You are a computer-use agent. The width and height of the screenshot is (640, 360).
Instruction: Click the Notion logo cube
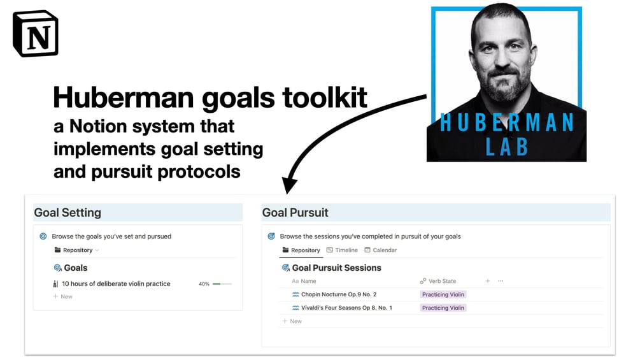[x=36, y=34]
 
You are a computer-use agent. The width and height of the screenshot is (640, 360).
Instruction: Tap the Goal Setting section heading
[x=68, y=213]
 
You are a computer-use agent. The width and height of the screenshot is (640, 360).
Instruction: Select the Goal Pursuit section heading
[x=295, y=213]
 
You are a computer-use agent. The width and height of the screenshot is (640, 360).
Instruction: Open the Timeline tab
[x=342, y=250]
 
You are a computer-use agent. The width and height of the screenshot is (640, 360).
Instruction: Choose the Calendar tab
[x=380, y=250]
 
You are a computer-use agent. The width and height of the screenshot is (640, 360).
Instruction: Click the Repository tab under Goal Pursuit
[x=301, y=250]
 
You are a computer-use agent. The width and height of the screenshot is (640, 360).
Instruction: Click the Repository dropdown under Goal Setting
[x=76, y=250]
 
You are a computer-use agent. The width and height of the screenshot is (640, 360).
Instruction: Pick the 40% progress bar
[x=222, y=284]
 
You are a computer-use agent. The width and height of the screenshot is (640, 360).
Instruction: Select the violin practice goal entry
[x=116, y=284]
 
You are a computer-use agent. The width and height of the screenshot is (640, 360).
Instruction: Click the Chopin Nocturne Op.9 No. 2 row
[x=339, y=294]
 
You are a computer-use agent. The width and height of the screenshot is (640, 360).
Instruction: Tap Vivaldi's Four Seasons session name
[x=346, y=308]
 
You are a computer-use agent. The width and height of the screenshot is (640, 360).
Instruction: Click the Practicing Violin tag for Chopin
[x=443, y=294]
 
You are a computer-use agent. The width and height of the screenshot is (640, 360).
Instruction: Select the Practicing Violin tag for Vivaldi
[x=443, y=308]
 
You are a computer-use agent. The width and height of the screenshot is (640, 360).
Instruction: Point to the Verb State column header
[x=438, y=281]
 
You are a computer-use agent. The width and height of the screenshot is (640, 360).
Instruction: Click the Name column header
[x=304, y=281]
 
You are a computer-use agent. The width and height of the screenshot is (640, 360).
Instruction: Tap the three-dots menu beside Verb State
[x=501, y=281]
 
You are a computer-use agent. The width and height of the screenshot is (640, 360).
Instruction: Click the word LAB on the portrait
[x=507, y=147]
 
